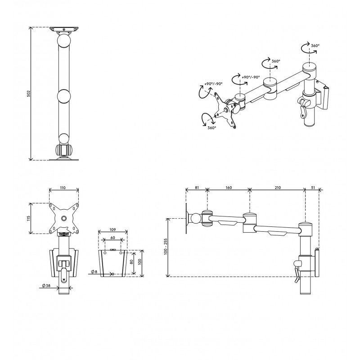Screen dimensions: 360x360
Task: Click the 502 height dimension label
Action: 29,94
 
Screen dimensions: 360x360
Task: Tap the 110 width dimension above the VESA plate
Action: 63,188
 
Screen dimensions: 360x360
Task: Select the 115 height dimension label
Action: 29,218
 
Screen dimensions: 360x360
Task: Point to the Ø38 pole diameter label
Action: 46,286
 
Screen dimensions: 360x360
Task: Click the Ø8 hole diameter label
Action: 94,272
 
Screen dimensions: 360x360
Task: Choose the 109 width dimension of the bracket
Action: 113,229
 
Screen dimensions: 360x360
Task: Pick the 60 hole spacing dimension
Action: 112,238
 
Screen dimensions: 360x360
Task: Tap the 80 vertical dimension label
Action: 132,262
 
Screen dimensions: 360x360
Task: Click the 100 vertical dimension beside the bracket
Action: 140,262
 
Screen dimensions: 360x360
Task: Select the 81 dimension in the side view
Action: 197,188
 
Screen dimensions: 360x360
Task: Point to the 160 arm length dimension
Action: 229,188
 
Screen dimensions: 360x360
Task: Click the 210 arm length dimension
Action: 278,188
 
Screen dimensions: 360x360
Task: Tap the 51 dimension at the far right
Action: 313,188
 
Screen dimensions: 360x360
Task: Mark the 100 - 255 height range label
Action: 166,246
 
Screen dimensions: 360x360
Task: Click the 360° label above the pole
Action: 315,46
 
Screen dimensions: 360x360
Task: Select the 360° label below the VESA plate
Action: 211,128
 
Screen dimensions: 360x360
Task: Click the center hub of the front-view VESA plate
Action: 63,218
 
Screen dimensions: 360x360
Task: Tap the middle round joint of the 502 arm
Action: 63,96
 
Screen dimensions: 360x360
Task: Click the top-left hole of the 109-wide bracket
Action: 105,253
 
